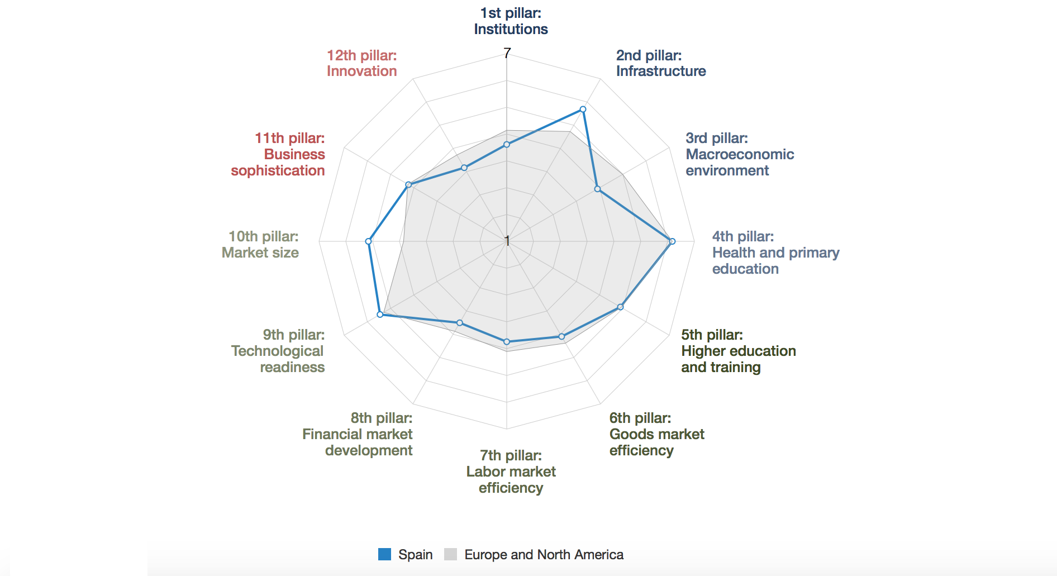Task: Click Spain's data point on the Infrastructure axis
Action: [x=583, y=110]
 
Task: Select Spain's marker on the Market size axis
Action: [x=368, y=241]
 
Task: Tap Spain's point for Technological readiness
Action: [x=380, y=315]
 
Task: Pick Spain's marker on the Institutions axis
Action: [x=507, y=145]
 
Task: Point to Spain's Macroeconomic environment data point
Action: [x=597, y=189]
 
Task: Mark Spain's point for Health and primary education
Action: [x=672, y=241]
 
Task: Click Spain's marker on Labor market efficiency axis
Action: [x=507, y=341]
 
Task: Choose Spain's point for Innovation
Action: [x=464, y=168]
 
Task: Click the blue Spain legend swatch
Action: [x=384, y=554]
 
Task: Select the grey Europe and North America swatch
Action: [x=450, y=554]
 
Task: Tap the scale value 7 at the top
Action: [x=507, y=53]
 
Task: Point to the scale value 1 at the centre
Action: [x=507, y=241]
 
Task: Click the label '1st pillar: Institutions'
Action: [x=511, y=21]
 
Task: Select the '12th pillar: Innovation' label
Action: [x=361, y=63]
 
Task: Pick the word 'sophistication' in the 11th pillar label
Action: [x=278, y=170]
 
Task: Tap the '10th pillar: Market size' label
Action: [x=260, y=245]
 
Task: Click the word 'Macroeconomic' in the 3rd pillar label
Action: [x=739, y=154]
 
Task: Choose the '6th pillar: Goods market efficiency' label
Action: [x=656, y=434]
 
